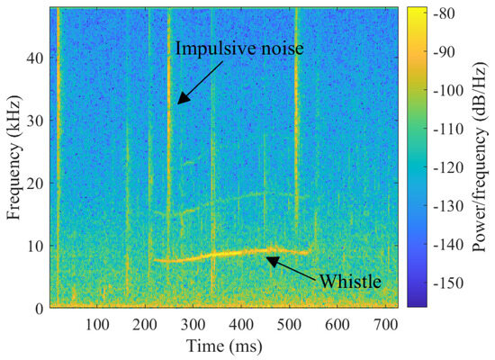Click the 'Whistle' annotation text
[x=352, y=282]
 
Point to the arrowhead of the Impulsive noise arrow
[x=178, y=104]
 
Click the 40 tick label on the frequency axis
[x=36, y=57]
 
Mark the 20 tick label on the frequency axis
[x=36, y=183]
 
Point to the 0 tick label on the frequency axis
[x=40, y=308]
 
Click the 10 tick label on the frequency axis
[x=36, y=246]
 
